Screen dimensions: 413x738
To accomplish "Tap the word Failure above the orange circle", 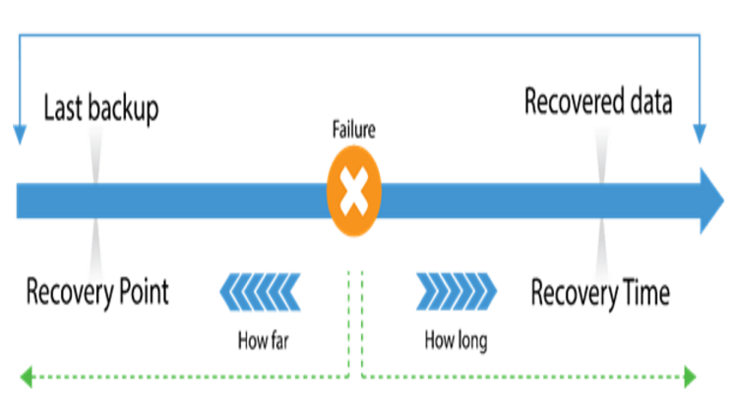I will click(x=353, y=130).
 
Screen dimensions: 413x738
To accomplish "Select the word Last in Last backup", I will click(x=62, y=108).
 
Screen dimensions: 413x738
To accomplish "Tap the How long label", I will click(x=456, y=341).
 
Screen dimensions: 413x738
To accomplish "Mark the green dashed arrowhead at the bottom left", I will click(x=27, y=375).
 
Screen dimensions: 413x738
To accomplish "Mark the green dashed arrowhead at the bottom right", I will click(x=690, y=375).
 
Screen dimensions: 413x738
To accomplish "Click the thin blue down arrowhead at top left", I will click(x=17, y=135).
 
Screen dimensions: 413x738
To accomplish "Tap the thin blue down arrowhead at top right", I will click(x=700, y=135).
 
